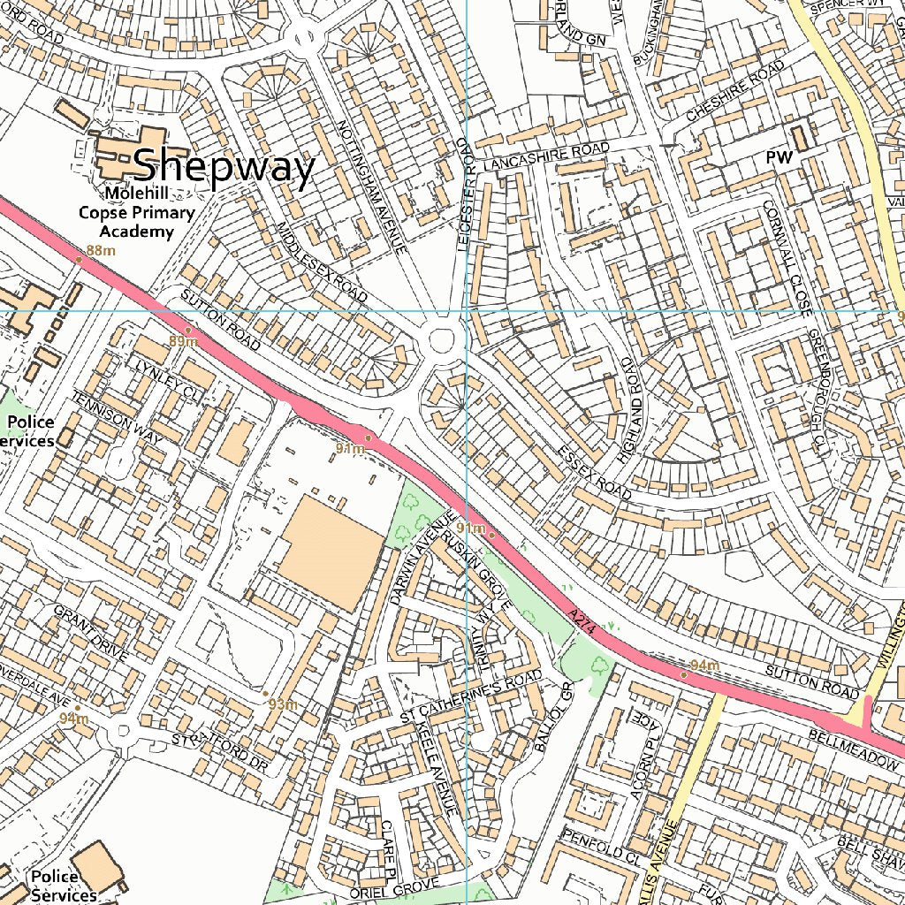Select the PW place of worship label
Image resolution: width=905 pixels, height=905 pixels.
(x=779, y=157)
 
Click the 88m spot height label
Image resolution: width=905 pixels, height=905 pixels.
(x=100, y=251)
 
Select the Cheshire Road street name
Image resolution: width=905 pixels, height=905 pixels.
(x=735, y=92)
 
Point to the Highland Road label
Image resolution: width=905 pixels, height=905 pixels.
(x=628, y=410)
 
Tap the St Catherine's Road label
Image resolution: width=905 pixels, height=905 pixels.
(x=470, y=696)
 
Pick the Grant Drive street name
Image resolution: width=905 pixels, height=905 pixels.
(x=91, y=635)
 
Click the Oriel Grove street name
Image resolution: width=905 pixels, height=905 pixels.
(x=394, y=887)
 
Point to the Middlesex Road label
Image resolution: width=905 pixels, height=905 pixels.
(x=322, y=262)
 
